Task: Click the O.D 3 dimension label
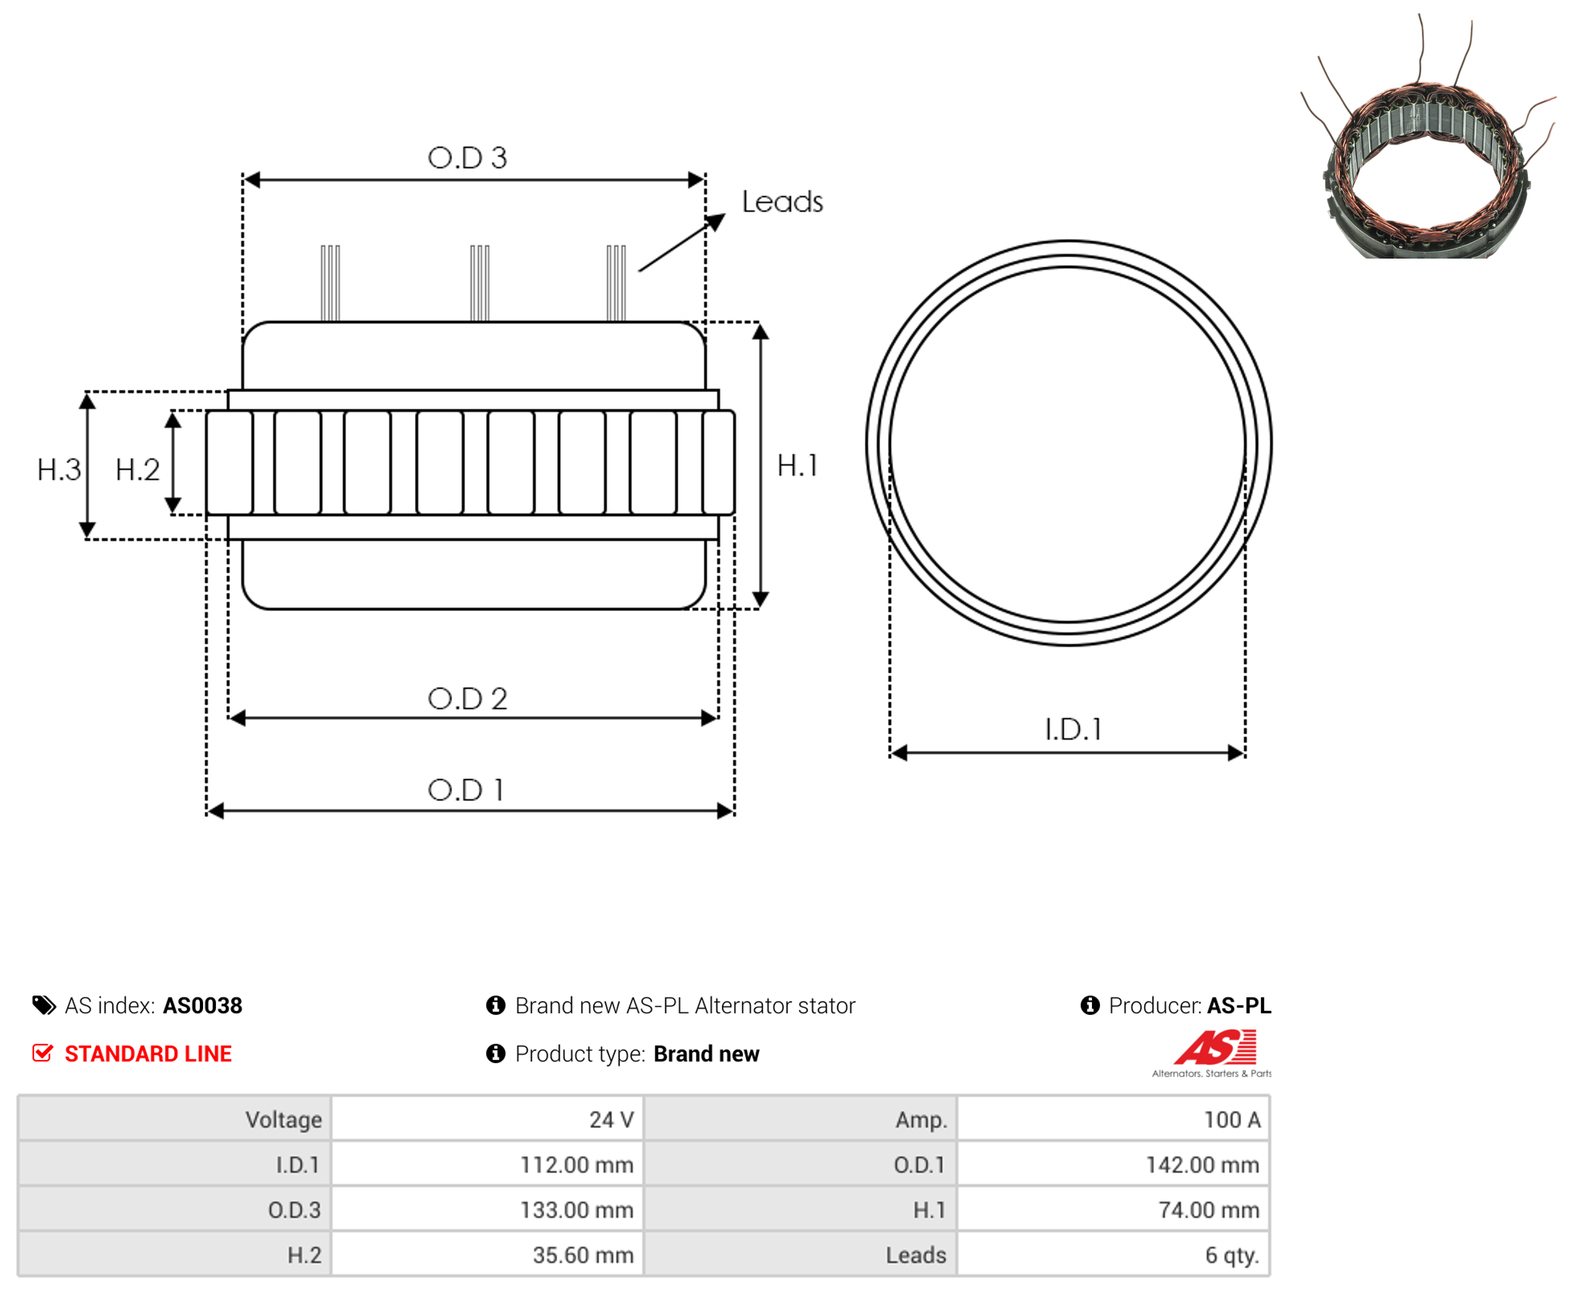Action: [x=467, y=157]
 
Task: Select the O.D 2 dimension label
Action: [x=467, y=698]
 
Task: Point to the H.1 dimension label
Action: [x=797, y=466]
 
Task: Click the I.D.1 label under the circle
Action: [x=1072, y=729]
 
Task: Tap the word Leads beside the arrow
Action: [x=782, y=201]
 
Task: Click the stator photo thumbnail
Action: [x=1427, y=138]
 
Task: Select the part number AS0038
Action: [x=202, y=1006]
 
